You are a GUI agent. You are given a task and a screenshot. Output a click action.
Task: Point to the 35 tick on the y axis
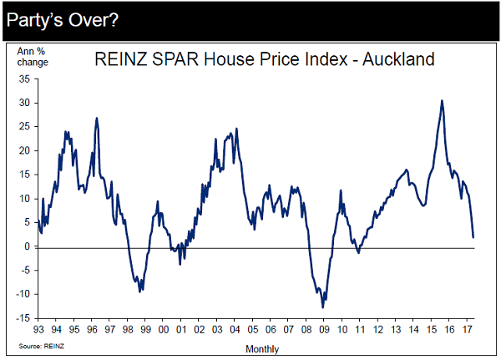click(x=23, y=79)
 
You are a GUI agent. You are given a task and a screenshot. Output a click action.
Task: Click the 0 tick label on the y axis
click(x=27, y=246)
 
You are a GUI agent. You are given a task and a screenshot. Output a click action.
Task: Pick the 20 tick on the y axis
click(x=23, y=150)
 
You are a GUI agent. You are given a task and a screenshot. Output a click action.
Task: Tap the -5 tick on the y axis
click(x=24, y=270)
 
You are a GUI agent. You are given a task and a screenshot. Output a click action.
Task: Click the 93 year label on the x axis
click(x=38, y=329)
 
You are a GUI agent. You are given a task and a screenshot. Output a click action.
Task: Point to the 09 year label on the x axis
click(x=325, y=329)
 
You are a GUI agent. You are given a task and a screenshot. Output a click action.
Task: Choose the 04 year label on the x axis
click(x=235, y=329)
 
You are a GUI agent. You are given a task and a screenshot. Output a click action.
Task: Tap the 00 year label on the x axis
click(x=164, y=329)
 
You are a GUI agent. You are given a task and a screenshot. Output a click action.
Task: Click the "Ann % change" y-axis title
click(x=33, y=57)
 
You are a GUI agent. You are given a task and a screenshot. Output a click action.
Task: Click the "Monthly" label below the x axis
click(x=262, y=348)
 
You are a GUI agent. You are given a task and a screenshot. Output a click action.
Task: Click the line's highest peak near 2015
click(x=442, y=101)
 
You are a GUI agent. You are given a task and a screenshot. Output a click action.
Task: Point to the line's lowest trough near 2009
click(x=322, y=307)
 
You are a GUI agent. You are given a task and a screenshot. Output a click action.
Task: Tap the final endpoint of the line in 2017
click(x=473, y=237)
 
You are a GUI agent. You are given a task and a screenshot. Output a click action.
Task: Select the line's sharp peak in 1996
click(x=97, y=118)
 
